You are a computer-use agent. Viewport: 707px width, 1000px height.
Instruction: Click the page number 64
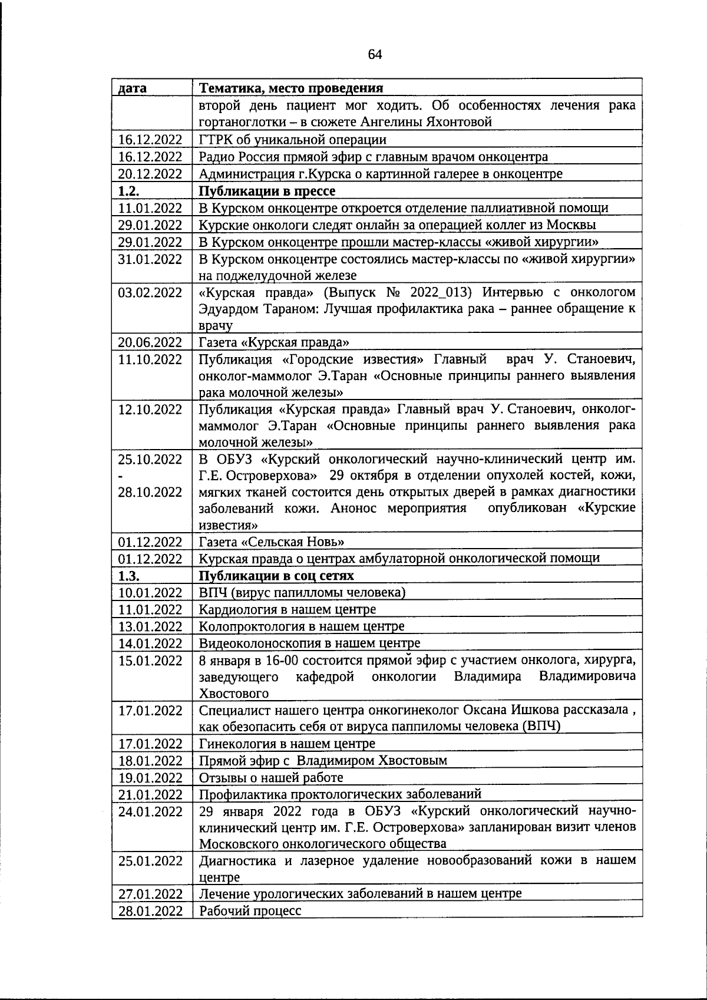(375, 55)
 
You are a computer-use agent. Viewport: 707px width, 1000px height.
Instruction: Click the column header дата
(133, 88)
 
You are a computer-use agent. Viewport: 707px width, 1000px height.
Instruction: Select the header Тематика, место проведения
(291, 88)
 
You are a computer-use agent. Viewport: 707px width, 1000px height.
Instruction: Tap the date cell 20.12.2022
(150, 174)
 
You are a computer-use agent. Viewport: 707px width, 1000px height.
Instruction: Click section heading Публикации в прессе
(267, 191)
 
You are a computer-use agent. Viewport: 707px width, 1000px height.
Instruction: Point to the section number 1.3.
(128, 576)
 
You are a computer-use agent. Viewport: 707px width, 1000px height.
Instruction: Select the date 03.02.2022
(150, 293)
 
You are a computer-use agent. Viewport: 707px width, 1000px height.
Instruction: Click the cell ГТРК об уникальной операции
(293, 140)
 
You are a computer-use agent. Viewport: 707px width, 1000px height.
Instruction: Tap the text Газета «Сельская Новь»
(272, 542)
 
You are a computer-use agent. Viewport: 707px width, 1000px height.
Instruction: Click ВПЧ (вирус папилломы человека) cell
(302, 593)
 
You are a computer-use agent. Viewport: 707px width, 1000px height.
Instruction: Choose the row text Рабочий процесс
(250, 910)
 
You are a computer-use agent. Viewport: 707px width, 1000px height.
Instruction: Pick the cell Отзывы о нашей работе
(263, 777)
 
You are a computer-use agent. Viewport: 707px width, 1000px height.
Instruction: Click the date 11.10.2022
(150, 359)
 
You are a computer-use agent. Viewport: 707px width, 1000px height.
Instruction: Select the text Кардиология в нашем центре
(288, 609)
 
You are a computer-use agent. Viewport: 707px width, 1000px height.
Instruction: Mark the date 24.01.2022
(150, 811)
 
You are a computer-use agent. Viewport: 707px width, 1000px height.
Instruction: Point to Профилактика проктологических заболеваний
(341, 794)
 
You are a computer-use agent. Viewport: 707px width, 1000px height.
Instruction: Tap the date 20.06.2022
(150, 342)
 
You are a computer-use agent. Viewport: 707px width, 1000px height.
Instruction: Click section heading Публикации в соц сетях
(276, 576)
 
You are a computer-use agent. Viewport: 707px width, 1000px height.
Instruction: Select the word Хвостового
(234, 694)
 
